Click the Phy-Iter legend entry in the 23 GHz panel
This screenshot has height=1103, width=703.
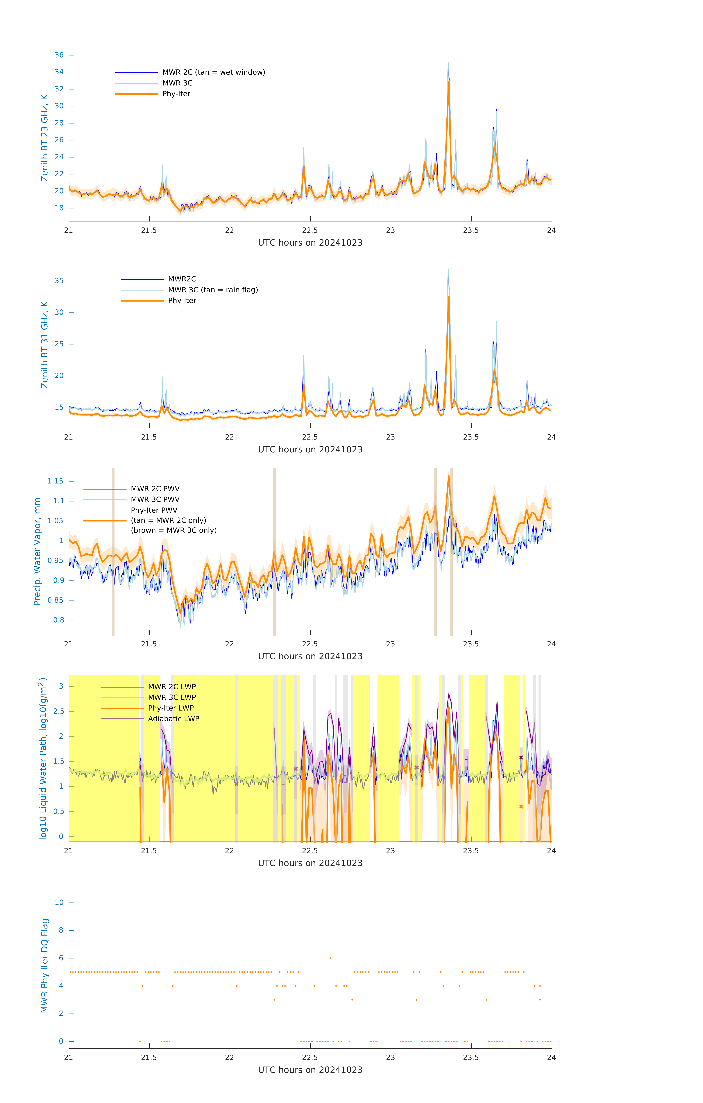click(x=176, y=94)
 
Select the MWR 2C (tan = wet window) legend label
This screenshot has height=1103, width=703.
click(x=213, y=72)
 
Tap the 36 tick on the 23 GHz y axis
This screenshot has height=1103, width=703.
click(x=59, y=55)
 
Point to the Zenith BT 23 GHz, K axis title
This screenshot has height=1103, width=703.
click(x=44, y=138)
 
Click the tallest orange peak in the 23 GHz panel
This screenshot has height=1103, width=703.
click(x=448, y=83)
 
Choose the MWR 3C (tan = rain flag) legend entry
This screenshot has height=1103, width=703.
click(x=213, y=290)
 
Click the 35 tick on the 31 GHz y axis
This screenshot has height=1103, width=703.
click(x=59, y=281)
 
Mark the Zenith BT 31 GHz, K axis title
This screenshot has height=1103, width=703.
click(x=44, y=345)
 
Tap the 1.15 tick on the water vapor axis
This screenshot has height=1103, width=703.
click(x=56, y=481)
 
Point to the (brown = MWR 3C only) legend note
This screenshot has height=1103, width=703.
click(x=173, y=530)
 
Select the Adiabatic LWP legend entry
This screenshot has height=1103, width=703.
click(x=173, y=719)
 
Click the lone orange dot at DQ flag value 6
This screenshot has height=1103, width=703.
click(x=331, y=958)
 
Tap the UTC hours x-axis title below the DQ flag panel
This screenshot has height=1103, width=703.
click(x=310, y=1070)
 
